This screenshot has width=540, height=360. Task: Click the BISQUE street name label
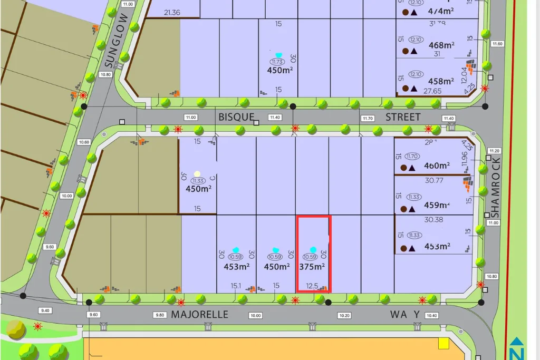tap(236, 117)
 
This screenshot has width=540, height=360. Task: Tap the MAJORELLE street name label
tap(200, 315)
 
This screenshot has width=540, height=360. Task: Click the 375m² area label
tap(312, 267)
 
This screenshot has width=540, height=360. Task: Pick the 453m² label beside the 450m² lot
tap(236, 267)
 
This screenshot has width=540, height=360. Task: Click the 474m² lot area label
tap(441, 11)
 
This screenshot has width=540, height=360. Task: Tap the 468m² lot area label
tap(441, 46)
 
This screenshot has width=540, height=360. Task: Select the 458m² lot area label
tap(441, 81)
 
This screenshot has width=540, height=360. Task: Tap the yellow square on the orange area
tap(443, 344)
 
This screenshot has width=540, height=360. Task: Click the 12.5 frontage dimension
tap(312, 286)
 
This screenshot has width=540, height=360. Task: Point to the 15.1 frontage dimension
tap(236, 286)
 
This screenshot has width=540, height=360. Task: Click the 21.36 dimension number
tap(172, 13)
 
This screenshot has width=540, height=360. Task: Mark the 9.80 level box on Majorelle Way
tap(159, 315)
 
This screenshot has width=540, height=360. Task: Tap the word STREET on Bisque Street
tap(403, 117)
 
